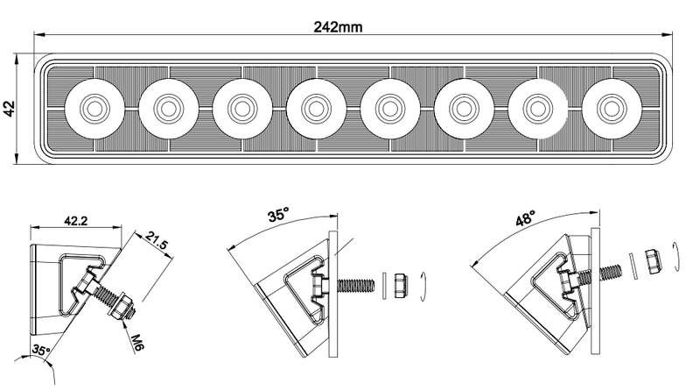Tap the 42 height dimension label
click(10, 109)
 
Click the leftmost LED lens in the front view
click(90, 108)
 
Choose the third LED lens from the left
click(239, 108)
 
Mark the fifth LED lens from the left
click(387, 108)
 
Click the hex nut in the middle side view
click(399, 284)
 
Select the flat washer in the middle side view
click(383, 284)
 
